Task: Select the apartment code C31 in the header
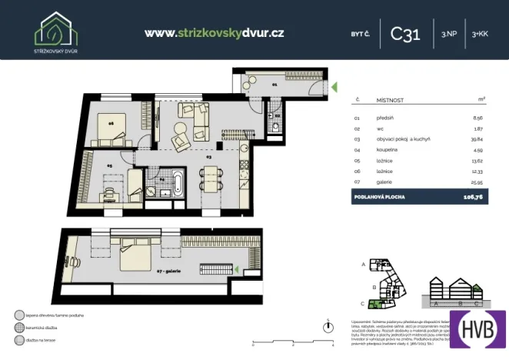pyautogui.click(x=405, y=34)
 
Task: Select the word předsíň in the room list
pyautogui.click(x=386, y=118)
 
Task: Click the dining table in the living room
pyautogui.click(x=208, y=182)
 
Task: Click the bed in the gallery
pyautogui.click(x=135, y=263)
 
